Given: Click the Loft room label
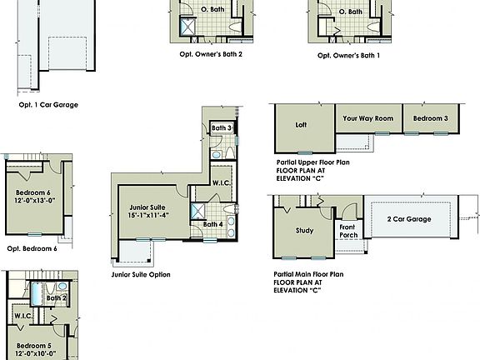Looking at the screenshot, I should [x=302, y=126].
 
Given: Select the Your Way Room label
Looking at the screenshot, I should [x=367, y=118].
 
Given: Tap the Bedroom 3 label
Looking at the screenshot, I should [x=431, y=118].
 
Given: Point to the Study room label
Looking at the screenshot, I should [x=305, y=230].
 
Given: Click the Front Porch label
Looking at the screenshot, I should [x=348, y=230].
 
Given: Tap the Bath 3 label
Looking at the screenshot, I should [x=221, y=127].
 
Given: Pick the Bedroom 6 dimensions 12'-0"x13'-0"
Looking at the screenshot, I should [x=32, y=200].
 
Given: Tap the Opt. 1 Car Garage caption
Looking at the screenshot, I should [x=49, y=105].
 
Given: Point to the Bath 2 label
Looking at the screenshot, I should [x=57, y=297].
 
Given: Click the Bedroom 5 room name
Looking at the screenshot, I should [x=34, y=345].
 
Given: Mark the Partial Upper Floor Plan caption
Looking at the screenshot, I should [x=312, y=163].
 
